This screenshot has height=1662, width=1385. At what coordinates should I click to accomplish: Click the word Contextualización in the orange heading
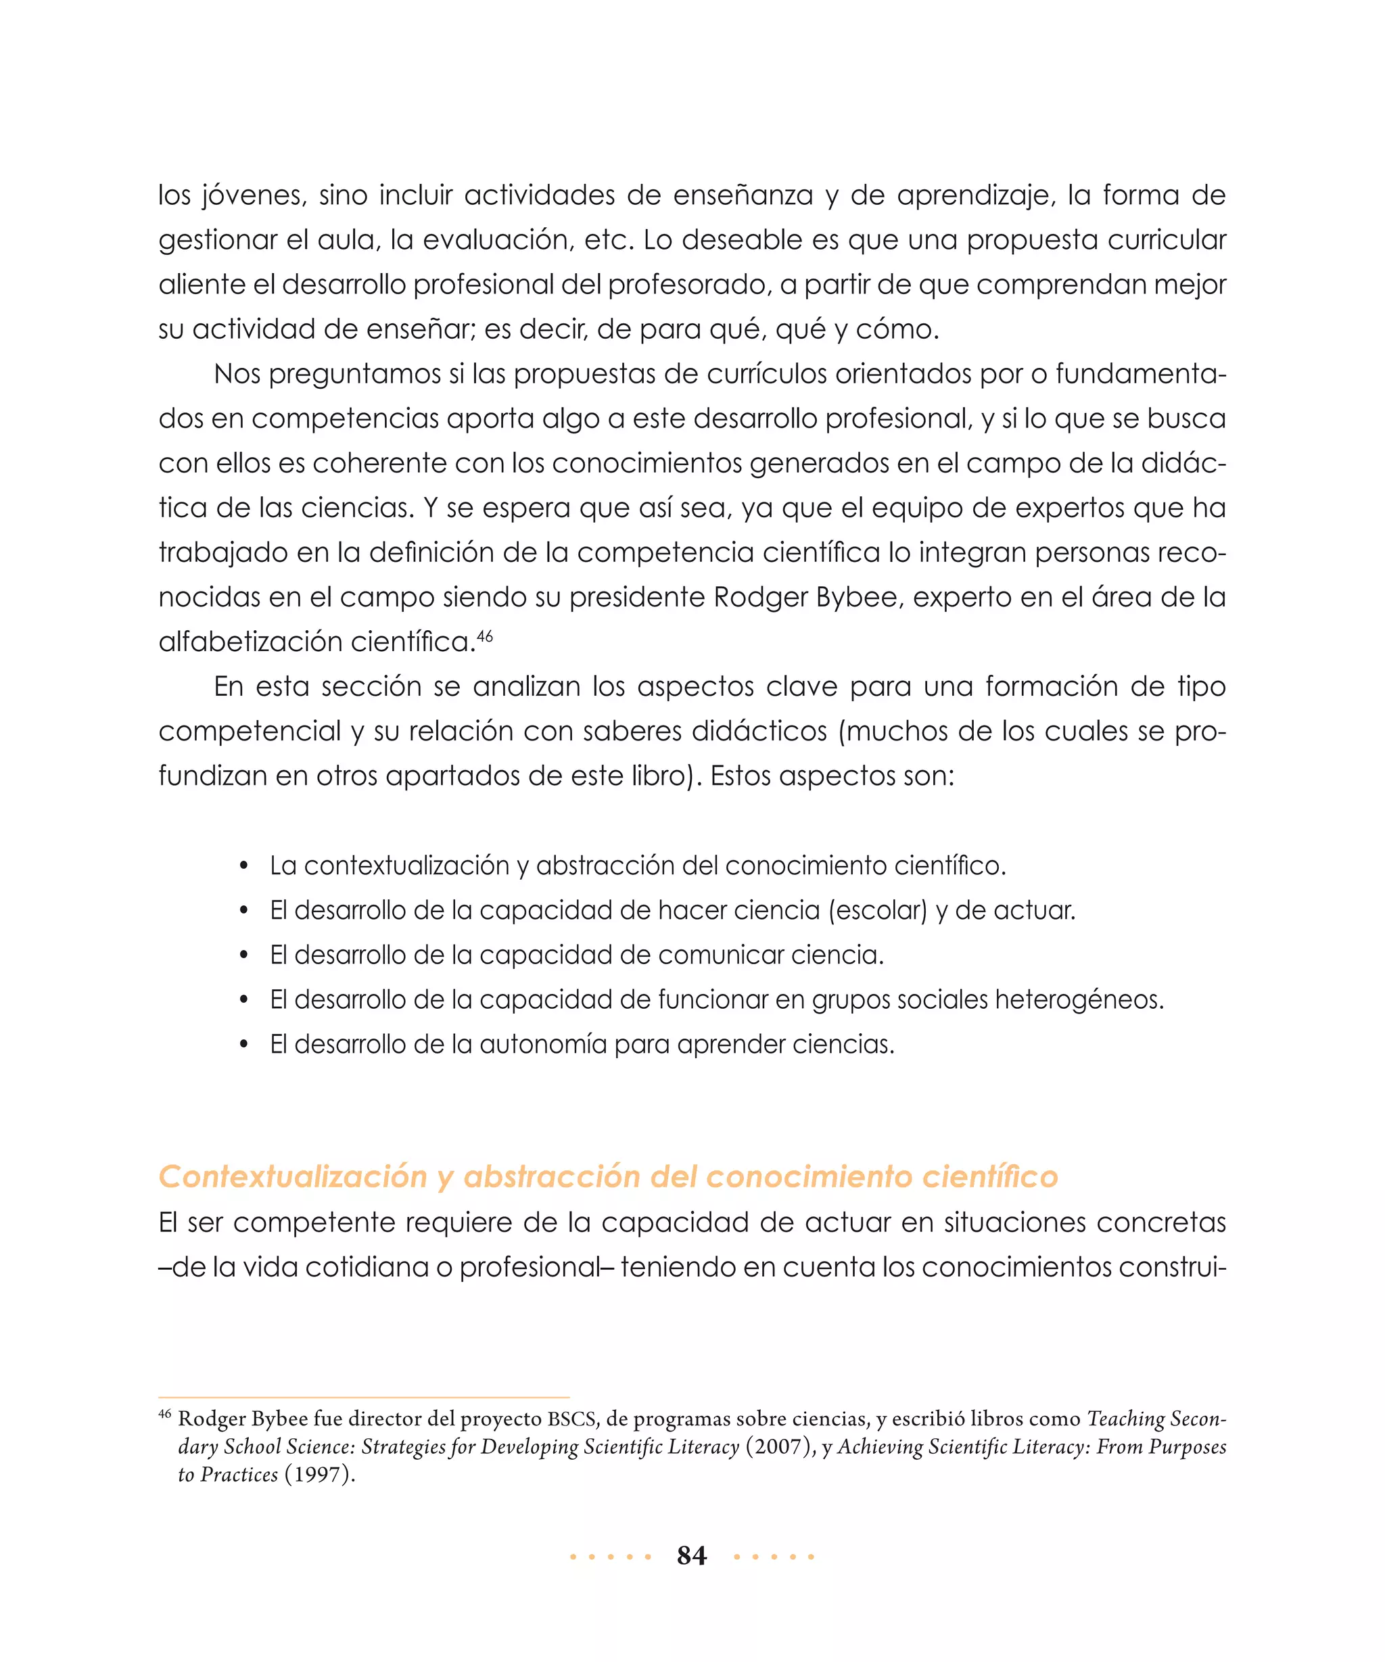293,1177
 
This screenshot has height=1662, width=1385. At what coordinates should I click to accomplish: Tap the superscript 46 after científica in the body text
485,635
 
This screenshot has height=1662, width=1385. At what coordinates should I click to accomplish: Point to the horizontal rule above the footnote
363,1398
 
